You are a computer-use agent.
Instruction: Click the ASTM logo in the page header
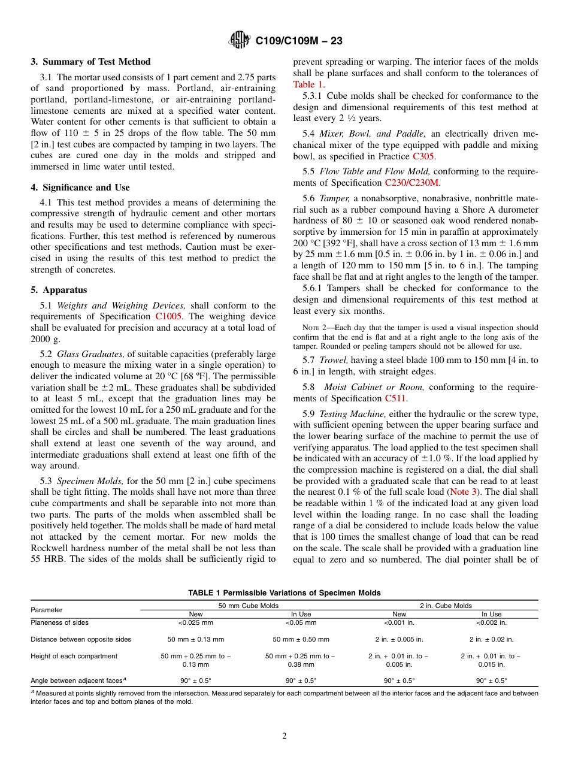click(x=240, y=41)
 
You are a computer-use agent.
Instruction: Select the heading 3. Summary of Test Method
click(x=90, y=62)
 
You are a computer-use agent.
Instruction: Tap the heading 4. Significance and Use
click(x=80, y=188)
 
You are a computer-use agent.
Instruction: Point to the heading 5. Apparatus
click(x=59, y=290)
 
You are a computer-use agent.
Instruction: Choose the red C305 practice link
click(x=423, y=156)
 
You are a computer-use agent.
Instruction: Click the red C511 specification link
click(x=395, y=398)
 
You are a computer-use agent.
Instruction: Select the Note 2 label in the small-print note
click(x=313, y=328)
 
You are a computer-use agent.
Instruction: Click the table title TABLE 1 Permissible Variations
click(x=284, y=593)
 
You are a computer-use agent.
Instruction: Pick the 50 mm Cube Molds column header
click(x=248, y=606)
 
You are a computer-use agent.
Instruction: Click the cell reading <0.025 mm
click(x=195, y=623)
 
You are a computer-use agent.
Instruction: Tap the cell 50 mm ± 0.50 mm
click(x=301, y=639)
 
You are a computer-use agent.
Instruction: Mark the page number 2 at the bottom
click(x=284, y=736)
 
